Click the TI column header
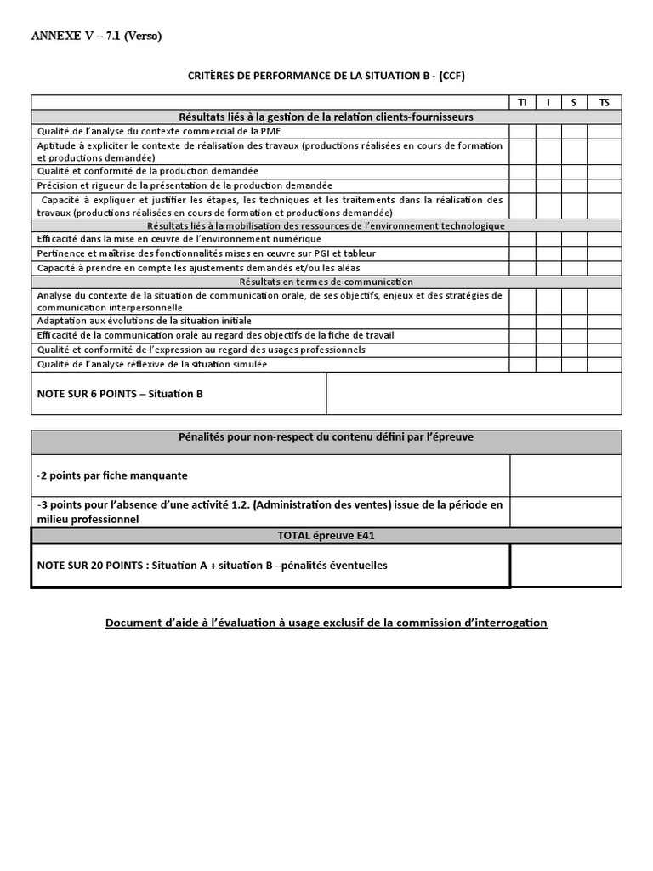pyautogui.click(x=522, y=103)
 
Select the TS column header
pyautogui.click(x=604, y=103)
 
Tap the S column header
pyautogui.click(x=574, y=103)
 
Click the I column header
pyautogui.click(x=548, y=103)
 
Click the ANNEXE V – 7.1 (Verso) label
pyautogui.click(x=96, y=36)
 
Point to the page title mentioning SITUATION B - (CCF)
pyautogui.click(x=326, y=76)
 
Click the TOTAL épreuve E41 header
pyautogui.click(x=326, y=536)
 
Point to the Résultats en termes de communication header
pyautogui.click(x=326, y=282)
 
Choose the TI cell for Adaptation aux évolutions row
pyautogui.click(x=522, y=322)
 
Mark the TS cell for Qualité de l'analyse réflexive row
pyautogui.click(x=604, y=364)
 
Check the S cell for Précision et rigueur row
pyautogui.click(x=574, y=185)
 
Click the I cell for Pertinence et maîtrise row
pyautogui.click(x=548, y=253)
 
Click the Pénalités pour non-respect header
pyautogui.click(x=326, y=437)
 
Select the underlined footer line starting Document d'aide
pyautogui.click(x=326, y=623)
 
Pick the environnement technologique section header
pyautogui.click(x=326, y=225)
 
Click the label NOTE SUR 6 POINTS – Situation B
pyautogui.click(x=120, y=395)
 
